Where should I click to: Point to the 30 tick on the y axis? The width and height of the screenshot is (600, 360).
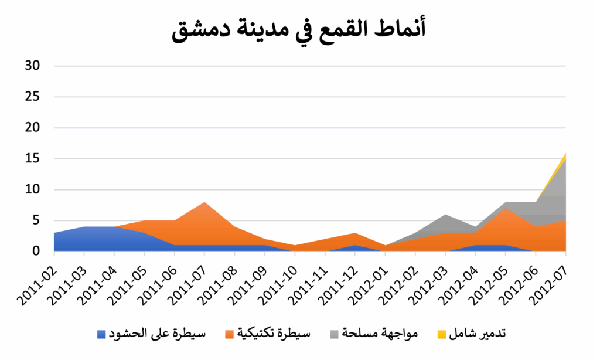32,66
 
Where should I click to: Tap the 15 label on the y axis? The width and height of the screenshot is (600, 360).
32,158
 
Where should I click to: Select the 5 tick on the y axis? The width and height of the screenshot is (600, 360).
36,220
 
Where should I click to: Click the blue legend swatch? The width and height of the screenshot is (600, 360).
101,334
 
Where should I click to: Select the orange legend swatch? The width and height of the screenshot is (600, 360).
229,334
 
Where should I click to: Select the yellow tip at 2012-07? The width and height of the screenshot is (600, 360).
565,154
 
